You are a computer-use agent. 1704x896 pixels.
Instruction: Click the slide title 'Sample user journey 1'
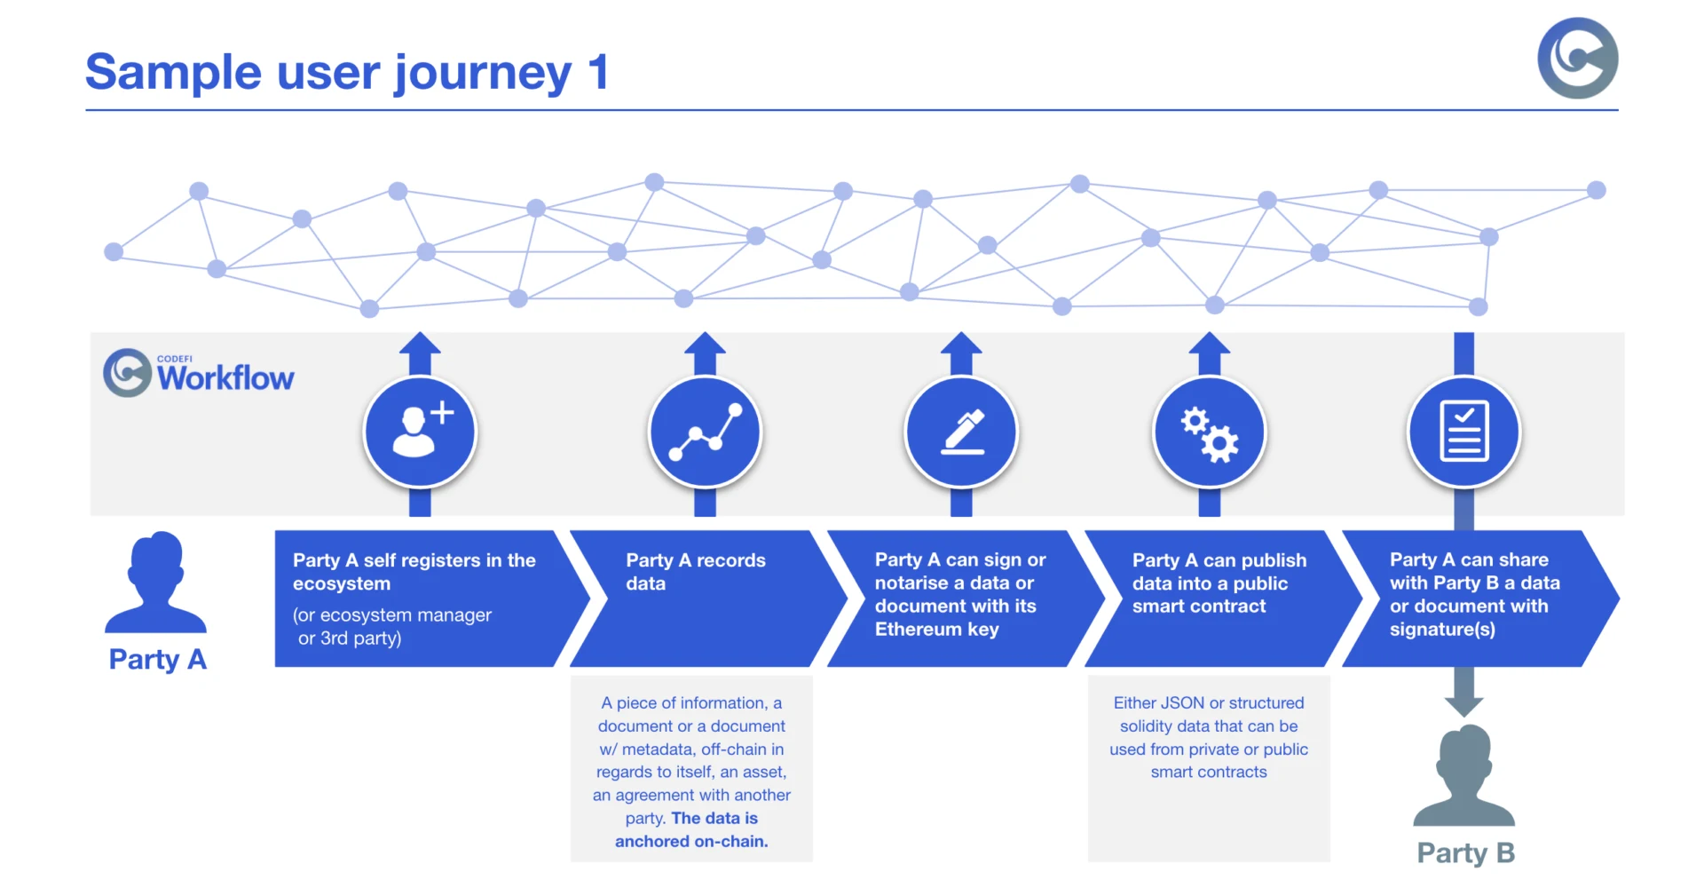pyautogui.click(x=347, y=72)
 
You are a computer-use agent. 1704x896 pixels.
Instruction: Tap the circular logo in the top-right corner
pyautogui.click(x=1577, y=58)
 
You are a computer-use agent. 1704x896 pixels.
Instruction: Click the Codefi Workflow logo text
pyautogui.click(x=225, y=377)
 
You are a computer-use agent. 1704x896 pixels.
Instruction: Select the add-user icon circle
pyautogui.click(x=420, y=432)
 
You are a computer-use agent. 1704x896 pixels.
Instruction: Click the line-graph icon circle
pyautogui.click(x=706, y=432)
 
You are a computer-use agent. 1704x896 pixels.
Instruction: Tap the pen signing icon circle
pyautogui.click(x=961, y=432)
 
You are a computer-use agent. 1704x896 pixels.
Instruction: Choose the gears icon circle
pyautogui.click(x=1209, y=432)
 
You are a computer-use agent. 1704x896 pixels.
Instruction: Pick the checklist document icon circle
pyautogui.click(x=1464, y=432)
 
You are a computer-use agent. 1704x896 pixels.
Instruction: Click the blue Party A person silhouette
pyautogui.click(x=156, y=583)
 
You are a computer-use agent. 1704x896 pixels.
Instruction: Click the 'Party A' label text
pyautogui.click(x=157, y=659)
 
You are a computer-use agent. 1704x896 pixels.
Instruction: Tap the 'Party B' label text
pyautogui.click(x=1465, y=852)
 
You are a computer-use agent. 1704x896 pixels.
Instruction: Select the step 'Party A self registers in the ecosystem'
pyautogui.click(x=414, y=572)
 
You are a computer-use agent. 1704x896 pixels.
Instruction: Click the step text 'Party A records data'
pyautogui.click(x=695, y=572)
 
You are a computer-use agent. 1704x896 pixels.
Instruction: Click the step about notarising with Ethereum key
pyautogui.click(x=959, y=594)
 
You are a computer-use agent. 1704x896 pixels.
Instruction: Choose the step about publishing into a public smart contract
pyautogui.click(x=1219, y=583)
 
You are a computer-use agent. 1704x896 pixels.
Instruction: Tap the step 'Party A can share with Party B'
pyautogui.click(x=1474, y=594)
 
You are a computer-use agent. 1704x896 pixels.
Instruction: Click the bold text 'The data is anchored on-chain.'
pyautogui.click(x=692, y=830)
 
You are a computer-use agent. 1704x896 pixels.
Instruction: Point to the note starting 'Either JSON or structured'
pyautogui.click(x=1209, y=737)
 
